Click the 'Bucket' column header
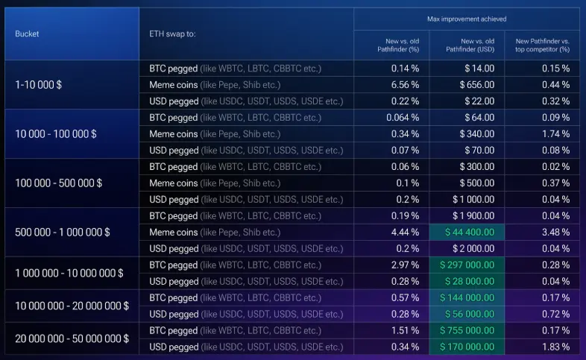(x=27, y=34)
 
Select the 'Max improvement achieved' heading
(x=466, y=18)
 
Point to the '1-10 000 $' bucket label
(x=38, y=84)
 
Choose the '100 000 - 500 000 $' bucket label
(x=59, y=183)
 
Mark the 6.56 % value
(x=405, y=84)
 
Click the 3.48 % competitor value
(x=555, y=232)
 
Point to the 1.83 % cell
(x=555, y=347)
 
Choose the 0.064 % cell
(x=403, y=117)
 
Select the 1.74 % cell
(x=555, y=133)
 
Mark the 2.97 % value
(x=405, y=265)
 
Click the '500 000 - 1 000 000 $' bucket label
(x=62, y=232)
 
